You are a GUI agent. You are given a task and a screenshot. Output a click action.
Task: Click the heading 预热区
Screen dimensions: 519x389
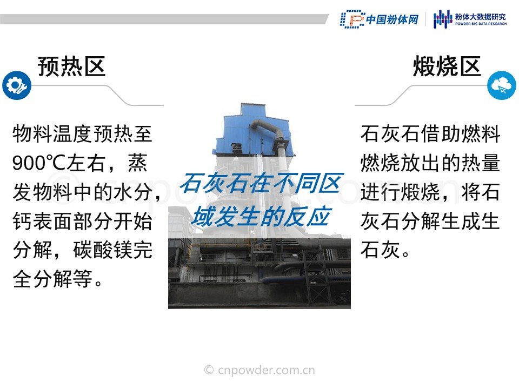tap(71, 66)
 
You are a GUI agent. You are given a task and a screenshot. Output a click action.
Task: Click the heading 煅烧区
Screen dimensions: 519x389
tap(447, 66)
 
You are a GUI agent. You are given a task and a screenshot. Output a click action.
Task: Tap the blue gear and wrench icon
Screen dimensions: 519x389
tap(17, 85)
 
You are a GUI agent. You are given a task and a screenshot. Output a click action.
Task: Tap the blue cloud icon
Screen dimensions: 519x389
tap(502, 85)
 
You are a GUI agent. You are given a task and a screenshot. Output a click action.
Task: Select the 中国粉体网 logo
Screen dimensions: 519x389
tap(380, 19)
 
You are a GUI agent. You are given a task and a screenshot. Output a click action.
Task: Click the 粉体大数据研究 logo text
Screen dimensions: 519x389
tap(480, 17)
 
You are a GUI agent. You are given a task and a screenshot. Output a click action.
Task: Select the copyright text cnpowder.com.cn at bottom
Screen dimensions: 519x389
tap(260, 370)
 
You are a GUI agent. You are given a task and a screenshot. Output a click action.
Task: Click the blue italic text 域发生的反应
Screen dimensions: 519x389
tap(262, 216)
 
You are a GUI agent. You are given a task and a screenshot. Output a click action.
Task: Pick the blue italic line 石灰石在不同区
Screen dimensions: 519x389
tap(261, 183)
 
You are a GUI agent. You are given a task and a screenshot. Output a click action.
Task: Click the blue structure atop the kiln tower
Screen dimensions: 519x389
tap(253, 131)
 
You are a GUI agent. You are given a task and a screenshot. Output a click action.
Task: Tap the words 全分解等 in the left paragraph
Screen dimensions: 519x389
tap(52, 279)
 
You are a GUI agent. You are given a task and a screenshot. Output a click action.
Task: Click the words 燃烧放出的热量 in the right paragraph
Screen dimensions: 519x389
tap(430, 163)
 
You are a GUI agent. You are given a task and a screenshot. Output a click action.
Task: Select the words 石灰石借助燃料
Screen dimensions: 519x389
tap(430, 134)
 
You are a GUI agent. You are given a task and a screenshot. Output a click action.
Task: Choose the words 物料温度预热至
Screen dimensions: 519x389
tap(82, 134)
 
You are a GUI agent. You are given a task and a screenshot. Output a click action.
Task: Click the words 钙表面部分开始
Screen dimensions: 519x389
tap(82, 221)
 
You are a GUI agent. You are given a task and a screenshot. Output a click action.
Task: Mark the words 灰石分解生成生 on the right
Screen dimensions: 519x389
tap(430, 221)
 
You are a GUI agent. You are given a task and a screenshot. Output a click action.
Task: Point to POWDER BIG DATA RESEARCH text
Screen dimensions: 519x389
tap(481, 24)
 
